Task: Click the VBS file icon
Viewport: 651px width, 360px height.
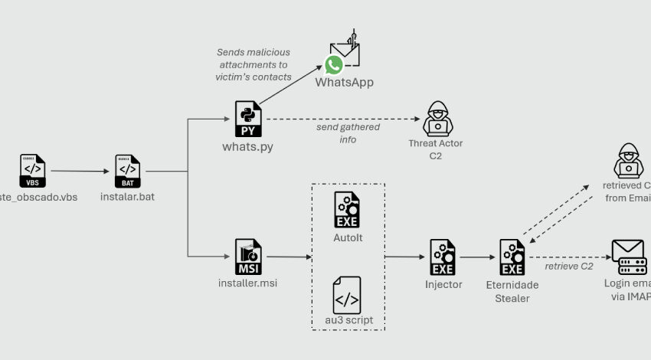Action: pyautogui.click(x=31, y=172)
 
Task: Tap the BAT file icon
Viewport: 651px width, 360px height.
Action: pyautogui.click(x=127, y=172)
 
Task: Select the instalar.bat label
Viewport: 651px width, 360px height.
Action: pyautogui.click(x=127, y=196)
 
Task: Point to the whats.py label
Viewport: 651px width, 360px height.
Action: pyautogui.click(x=248, y=146)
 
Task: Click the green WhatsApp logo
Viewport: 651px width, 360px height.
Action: pyautogui.click(x=334, y=65)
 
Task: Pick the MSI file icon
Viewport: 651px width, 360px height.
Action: pyautogui.click(x=248, y=256)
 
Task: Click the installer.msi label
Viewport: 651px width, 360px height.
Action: pyautogui.click(x=248, y=283)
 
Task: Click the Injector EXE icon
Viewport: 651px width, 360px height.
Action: pyautogui.click(x=443, y=256)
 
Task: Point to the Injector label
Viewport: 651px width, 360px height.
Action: pyautogui.click(x=443, y=284)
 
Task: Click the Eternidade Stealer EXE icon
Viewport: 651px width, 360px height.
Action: pyautogui.click(x=512, y=257)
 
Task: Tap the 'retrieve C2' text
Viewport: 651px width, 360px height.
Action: pyautogui.click(x=569, y=267)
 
